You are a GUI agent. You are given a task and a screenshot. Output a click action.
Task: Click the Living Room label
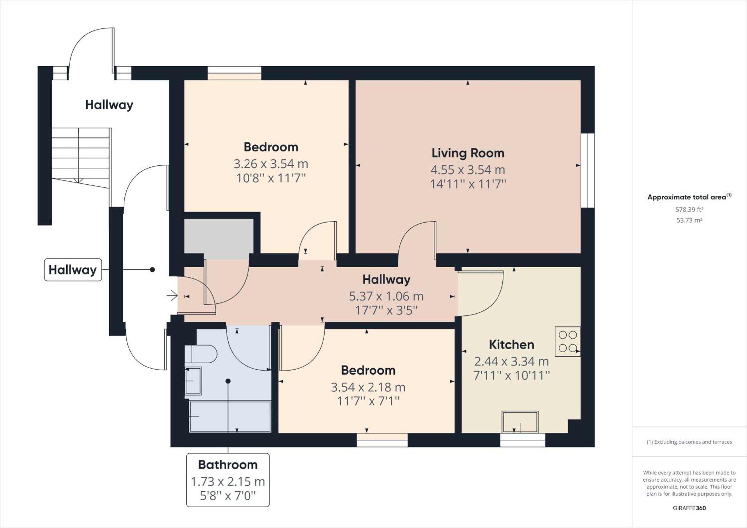pos(468,153)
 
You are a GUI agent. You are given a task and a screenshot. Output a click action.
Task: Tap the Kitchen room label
pos(511,344)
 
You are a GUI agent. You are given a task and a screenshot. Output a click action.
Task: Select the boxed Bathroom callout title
pos(228,464)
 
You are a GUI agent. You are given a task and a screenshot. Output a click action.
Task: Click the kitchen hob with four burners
pos(567,341)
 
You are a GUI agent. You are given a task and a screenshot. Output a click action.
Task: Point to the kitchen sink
pos(520,422)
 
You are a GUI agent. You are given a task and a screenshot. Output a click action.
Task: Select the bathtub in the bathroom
pos(230,417)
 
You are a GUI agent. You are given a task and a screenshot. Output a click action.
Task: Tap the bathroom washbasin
pos(193,381)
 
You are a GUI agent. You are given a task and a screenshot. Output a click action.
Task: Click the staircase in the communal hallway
pos(81,158)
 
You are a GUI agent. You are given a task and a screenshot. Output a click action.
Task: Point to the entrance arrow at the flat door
pos(172,296)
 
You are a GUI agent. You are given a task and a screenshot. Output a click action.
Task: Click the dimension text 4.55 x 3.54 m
pos(468,170)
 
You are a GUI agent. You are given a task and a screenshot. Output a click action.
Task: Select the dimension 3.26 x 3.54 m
pos(271,164)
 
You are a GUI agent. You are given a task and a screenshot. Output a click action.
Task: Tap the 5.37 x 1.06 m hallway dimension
pos(386,296)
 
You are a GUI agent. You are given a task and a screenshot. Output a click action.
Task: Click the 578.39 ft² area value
pos(689,209)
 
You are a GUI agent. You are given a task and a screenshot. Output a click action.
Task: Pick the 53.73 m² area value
pos(689,220)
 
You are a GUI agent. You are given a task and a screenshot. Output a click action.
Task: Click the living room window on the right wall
pos(588,170)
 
